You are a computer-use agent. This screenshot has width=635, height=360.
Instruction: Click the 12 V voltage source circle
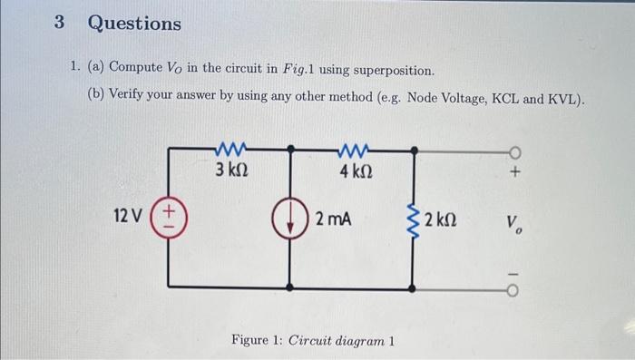click(170, 219)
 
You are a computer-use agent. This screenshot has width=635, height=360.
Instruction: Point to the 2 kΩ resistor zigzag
click(413, 219)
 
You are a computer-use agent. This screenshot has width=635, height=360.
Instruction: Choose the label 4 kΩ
click(354, 169)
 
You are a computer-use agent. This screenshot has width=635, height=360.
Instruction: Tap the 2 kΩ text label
click(440, 219)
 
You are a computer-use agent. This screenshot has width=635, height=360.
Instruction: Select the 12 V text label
click(128, 217)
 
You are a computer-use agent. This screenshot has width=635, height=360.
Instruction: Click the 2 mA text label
click(333, 219)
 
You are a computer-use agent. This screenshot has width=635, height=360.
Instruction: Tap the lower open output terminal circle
click(513, 287)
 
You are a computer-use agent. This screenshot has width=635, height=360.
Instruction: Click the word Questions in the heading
click(134, 24)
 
